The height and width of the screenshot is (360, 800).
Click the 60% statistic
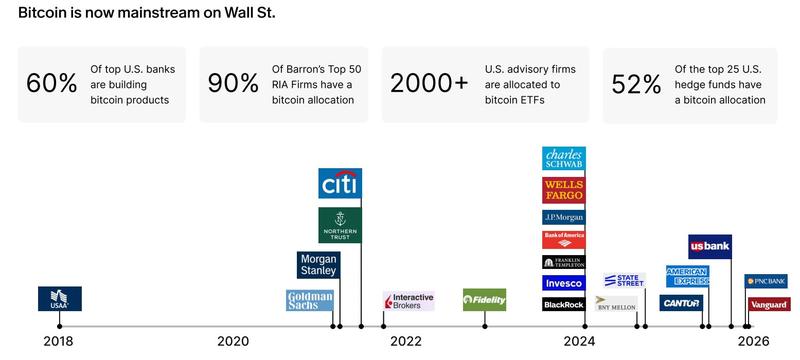(52, 84)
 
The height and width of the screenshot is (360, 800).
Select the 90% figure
(233, 84)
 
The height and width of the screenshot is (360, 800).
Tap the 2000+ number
(429, 84)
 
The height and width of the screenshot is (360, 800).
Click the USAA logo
(59, 298)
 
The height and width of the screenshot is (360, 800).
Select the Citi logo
(340, 183)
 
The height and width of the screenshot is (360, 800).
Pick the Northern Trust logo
(340, 225)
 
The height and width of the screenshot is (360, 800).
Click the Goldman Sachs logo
(310, 300)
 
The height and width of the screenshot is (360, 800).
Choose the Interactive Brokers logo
(408, 301)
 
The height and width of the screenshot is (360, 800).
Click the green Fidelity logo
(484, 300)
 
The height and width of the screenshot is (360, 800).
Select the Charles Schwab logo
(564, 158)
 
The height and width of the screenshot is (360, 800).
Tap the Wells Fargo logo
(564, 190)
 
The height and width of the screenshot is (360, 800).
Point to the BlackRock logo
(564, 304)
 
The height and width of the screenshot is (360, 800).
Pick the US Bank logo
(710, 246)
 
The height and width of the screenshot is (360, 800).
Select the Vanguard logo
(768, 304)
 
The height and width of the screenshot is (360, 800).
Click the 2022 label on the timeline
(406, 341)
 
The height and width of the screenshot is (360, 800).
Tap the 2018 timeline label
(58, 341)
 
